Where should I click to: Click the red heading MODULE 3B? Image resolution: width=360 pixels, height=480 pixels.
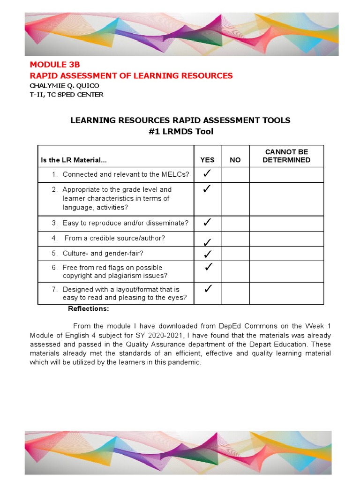click(52, 65)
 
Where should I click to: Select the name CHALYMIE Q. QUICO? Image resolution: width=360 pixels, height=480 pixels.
click(64, 86)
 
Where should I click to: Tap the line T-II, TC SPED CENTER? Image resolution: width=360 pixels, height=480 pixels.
click(67, 95)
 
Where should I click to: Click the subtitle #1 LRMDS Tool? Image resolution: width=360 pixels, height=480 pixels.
click(180, 132)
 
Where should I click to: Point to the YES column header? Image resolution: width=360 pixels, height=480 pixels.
click(207, 160)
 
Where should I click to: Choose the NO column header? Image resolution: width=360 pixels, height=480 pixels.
click(235, 160)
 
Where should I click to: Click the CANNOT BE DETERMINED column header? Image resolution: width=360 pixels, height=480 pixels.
click(286, 156)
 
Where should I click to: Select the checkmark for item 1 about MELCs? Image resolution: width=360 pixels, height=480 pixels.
click(207, 174)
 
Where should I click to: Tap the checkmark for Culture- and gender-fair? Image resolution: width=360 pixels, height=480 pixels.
click(207, 254)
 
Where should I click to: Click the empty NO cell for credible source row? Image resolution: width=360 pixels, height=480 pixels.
click(235, 239)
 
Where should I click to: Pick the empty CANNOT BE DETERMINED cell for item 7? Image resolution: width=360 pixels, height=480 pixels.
click(286, 293)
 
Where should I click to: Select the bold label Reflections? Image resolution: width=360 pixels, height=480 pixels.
click(89, 308)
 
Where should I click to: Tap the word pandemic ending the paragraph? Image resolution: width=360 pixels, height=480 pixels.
click(187, 362)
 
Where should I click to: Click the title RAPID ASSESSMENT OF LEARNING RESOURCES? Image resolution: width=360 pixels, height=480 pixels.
click(131, 75)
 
